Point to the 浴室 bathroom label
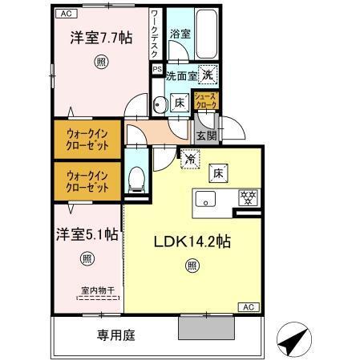179,34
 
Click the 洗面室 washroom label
180,76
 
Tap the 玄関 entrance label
206,136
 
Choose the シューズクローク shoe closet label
208,101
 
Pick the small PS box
157,69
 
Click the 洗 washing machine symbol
208,73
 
